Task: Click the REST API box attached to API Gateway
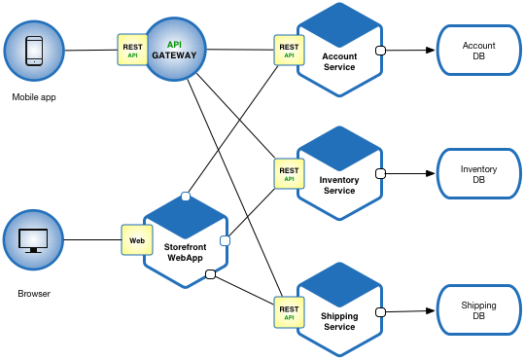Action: tap(132, 49)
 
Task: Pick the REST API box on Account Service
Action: tap(289, 50)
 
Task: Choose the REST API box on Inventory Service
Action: tap(289, 174)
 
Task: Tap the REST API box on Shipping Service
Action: tap(289, 310)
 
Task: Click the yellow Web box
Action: tap(137, 238)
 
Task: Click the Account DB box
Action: tap(478, 51)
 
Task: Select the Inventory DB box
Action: tap(478, 175)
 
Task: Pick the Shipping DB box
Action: tap(478, 311)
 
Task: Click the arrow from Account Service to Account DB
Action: tap(409, 51)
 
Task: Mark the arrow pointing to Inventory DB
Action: tap(409, 175)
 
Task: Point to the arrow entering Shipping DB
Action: tap(409, 311)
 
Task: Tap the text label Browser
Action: tap(33, 292)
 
